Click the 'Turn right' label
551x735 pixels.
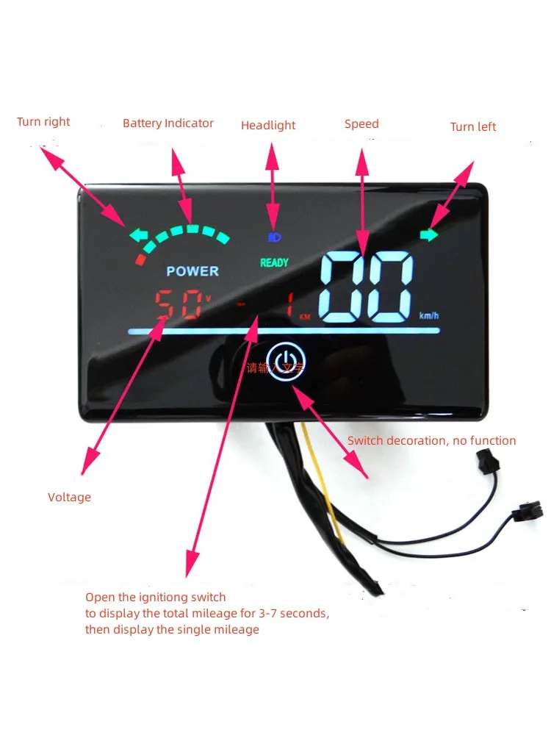pyautogui.click(x=43, y=122)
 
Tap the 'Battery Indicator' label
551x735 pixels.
pyautogui.click(x=168, y=123)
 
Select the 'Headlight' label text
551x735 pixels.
pyautogui.click(x=268, y=126)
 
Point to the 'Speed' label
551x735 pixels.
pyautogui.click(x=361, y=124)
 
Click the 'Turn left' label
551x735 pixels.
pyautogui.click(x=473, y=127)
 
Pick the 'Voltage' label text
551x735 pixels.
pyautogui.click(x=69, y=498)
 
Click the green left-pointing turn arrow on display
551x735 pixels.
pyautogui.click(x=138, y=236)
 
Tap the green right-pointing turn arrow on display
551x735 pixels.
pyautogui.click(x=428, y=235)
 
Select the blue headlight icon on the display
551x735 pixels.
pyautogui.click(x=274, y=237)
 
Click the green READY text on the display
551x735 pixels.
pyautogui.click(x=274, y=262)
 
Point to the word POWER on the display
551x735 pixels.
pyautogui.click(x=192, y=271)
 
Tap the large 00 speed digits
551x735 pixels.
pyautogui.click(x=365, y=287)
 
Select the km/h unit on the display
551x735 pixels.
pyautogui.click(x=429, y=316)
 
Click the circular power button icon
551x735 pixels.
pyautogui.click(x=285, y=360)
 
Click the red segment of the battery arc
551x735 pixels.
pyautogui.click(x=140, y=259)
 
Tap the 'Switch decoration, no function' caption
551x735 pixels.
pyautogui.click(x=431, y=441)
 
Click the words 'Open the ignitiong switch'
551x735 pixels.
pyautogui.click(x=156, y=598)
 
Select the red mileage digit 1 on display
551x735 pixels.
pyautogui.click(x=289, y=307)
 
